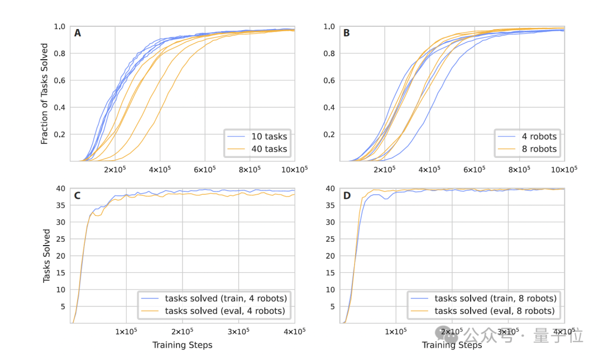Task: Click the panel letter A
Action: point(78,33)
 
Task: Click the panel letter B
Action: point(347,33)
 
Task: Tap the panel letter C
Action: point(78,195)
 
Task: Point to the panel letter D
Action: point(347,195)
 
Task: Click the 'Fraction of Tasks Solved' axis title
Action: point(45,94)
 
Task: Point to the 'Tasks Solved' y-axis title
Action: point(47,256)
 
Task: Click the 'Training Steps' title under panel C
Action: point(183,345)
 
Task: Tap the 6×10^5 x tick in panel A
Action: point(205,169)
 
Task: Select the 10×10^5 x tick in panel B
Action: point(563,169)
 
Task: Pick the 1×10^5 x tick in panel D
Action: point(395,331)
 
